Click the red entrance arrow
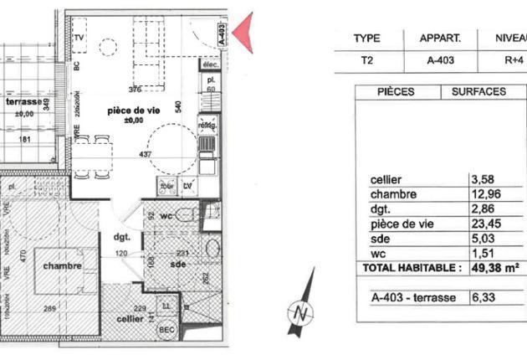(x=242, y=34)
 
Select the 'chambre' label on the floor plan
(x=64, y=266)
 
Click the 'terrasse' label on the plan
(x=23, y=101)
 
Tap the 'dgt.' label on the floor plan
(x=122, y=237)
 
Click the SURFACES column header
(x=478, y=91)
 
